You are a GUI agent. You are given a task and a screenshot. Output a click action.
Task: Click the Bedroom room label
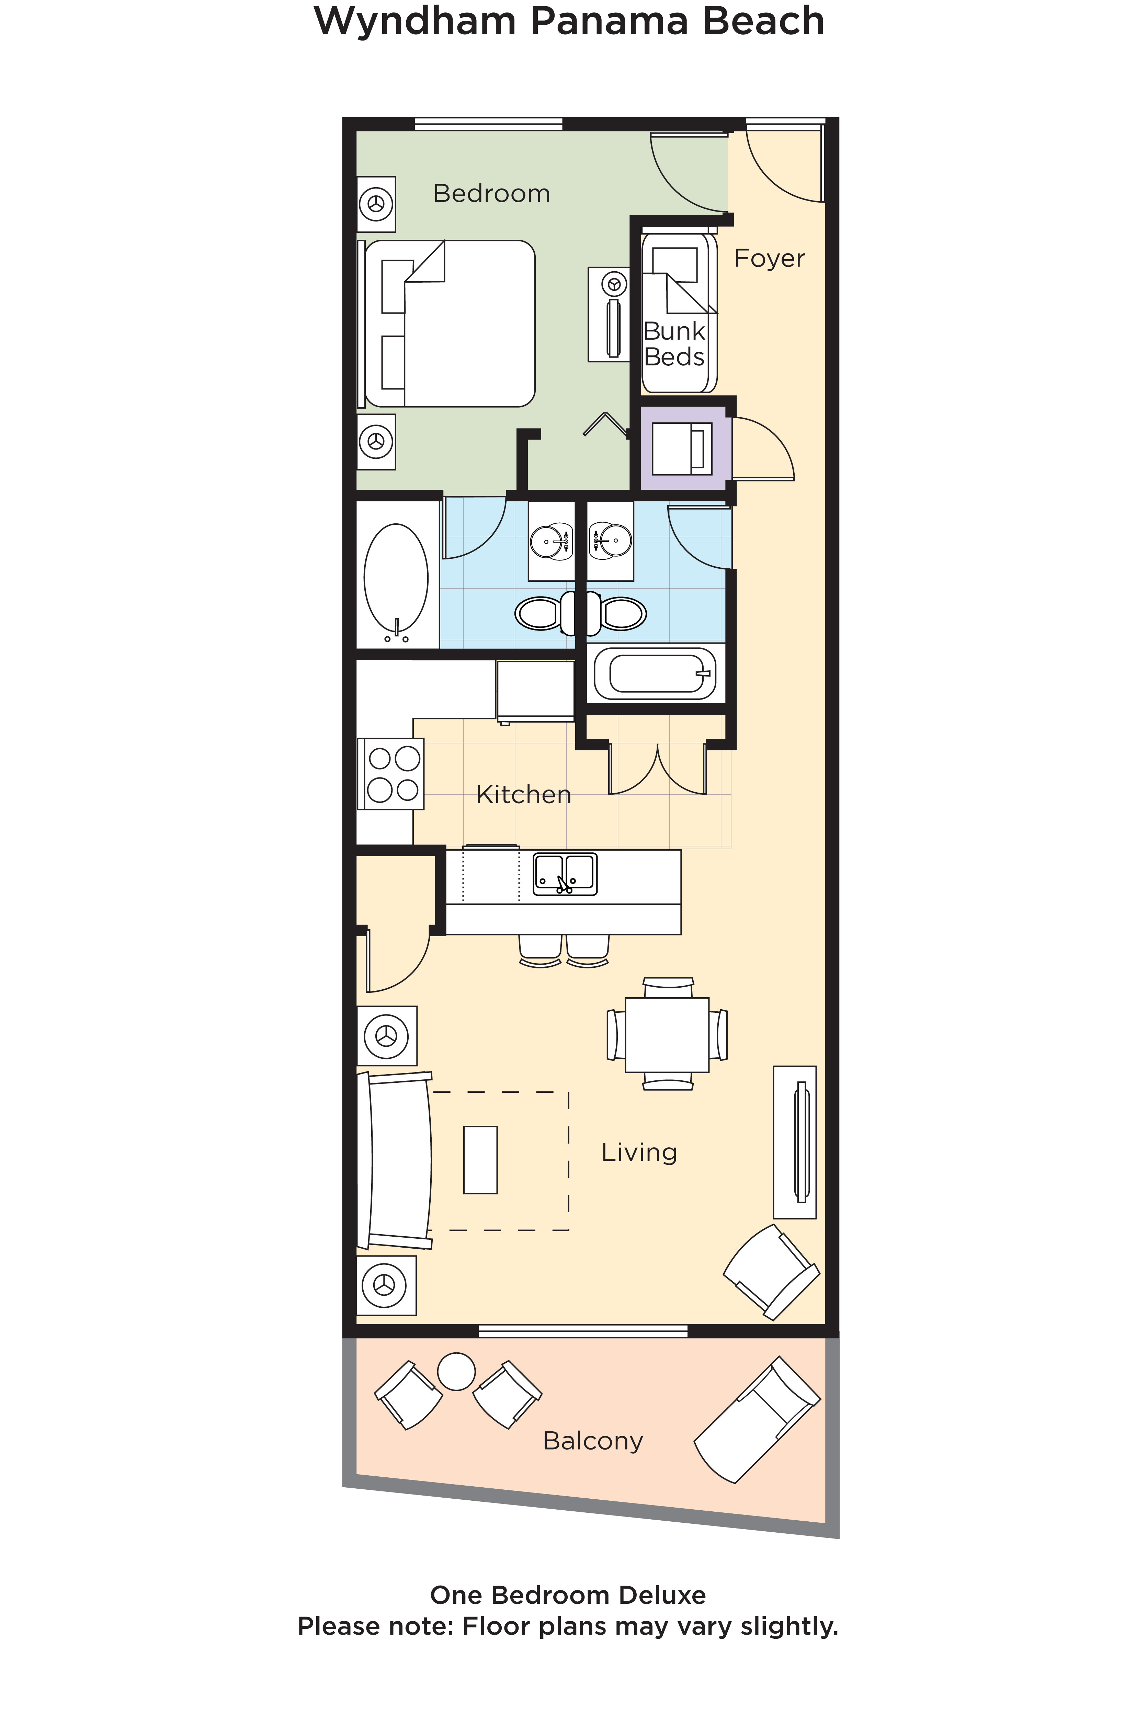click(x=491, y=194)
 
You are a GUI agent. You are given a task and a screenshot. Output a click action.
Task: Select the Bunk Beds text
click(x=674, y=344)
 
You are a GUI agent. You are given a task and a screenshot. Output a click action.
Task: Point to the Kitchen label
click(x=523, y=795)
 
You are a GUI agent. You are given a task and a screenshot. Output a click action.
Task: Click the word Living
click(x=639, y=1152)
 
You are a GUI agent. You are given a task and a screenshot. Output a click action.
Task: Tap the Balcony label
click(x=593, y=1441)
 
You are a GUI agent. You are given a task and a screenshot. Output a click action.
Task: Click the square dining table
click(x=667, y=1035)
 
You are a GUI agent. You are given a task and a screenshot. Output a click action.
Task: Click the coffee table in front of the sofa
click(x=480, y=1160)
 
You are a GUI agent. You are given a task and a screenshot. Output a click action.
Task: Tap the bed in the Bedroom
click(x=450, y=323)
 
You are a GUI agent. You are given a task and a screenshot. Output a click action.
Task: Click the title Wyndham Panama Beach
click(x=569, y=22)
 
